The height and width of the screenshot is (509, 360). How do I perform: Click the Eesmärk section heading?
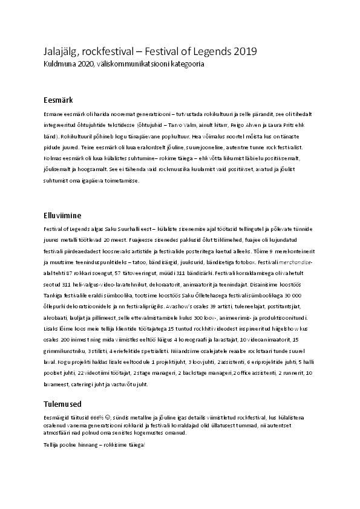click(x=58, y=99)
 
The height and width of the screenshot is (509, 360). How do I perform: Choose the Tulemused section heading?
click(x=63, y=404)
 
